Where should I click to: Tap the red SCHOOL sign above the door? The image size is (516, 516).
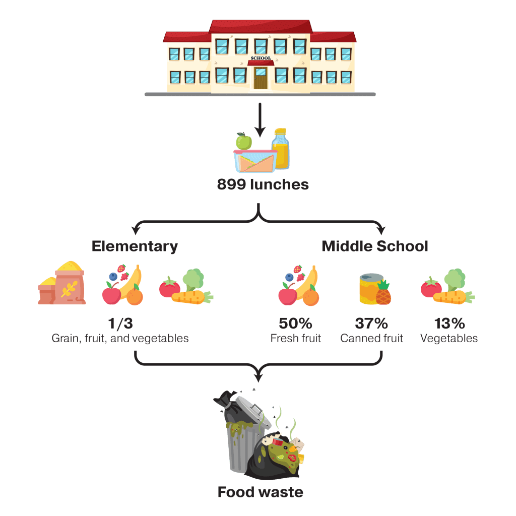pyautogui.click(x=261, y=58)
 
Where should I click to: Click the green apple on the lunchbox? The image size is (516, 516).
pyautogui.click(x=244, y=141)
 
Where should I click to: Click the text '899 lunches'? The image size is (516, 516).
pyautogui.click(x=263, y=184)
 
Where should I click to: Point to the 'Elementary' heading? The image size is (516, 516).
pyautogui.click(x=135, y=246)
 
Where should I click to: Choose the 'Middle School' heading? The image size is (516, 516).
pyautogui.click(x=375, y=246)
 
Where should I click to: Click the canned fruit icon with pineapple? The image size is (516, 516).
pyautogui.click(x=375, y=289)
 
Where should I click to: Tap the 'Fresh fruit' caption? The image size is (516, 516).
pyautogui.click(x=295, y=338)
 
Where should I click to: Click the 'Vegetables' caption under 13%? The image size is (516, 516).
pyautogui.click(x=448, y=338)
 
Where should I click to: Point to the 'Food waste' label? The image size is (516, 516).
pyautogui.click(x=261, y=492)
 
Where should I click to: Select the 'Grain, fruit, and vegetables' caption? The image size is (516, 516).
pyautogui.click(x=120, y=338)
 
